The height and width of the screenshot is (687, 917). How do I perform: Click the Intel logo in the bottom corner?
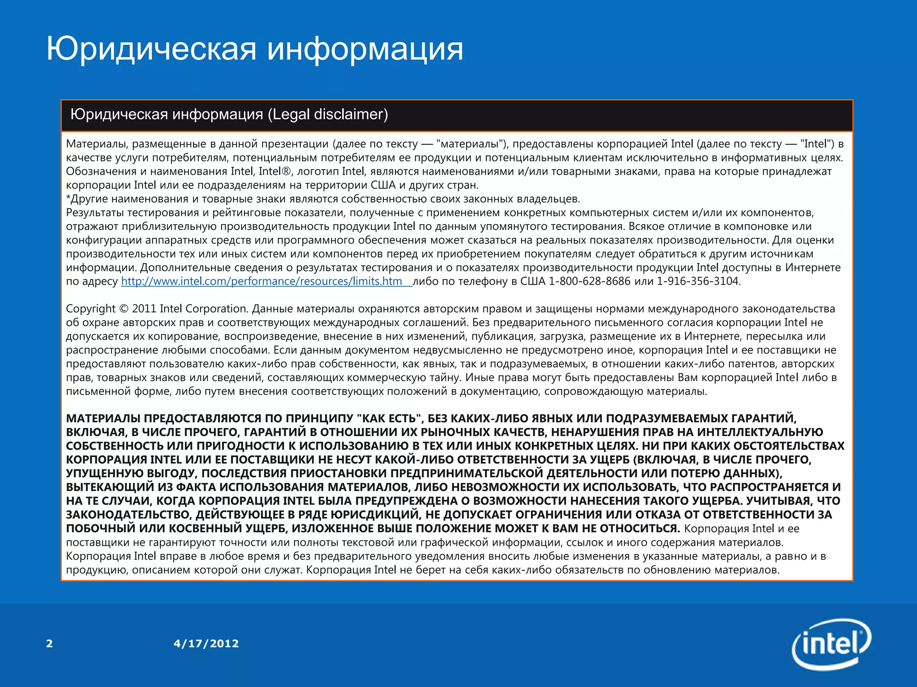click(831, 644)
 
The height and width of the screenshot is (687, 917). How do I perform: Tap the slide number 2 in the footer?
click(49, 644)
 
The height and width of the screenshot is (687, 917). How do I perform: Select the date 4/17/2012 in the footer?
click(206, 644)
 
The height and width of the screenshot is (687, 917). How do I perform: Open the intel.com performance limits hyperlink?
click(261, 281)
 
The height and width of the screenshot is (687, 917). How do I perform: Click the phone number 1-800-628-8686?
click(589, 281)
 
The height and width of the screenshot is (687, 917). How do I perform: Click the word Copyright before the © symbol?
click(90, 309)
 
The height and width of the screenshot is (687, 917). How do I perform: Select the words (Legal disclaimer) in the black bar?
click(328, 114)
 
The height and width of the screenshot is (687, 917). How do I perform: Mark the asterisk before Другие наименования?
click(68, 198)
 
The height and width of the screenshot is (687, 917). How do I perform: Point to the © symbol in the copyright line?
click(124, 309)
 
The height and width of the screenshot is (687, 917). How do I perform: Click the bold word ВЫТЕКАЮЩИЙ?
click(110, 487)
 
